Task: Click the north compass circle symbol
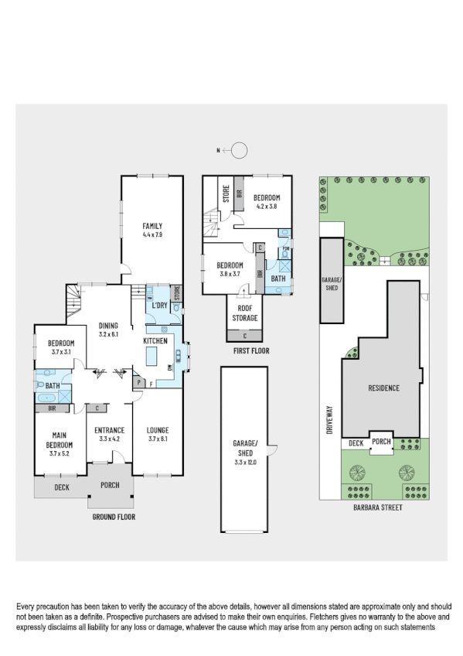(x=240, y=150)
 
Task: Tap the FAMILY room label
(x=151, y=225)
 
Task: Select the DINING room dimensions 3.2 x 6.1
(x=107, y=334)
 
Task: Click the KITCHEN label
(x=155, y=340)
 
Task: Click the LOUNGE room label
(x=158, y=429)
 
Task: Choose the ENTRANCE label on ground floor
(x=110, y=429)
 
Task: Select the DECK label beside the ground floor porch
(x=62, y=487)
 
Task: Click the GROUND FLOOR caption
(x=114, y=516)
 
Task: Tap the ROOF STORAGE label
(x=244, y=313)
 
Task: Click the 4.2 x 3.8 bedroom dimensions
(x=267, y=207)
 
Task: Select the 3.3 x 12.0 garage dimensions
(x=244, y=463)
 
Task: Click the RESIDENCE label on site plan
(x=383, y=388)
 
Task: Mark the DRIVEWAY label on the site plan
(x=329, y=422)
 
